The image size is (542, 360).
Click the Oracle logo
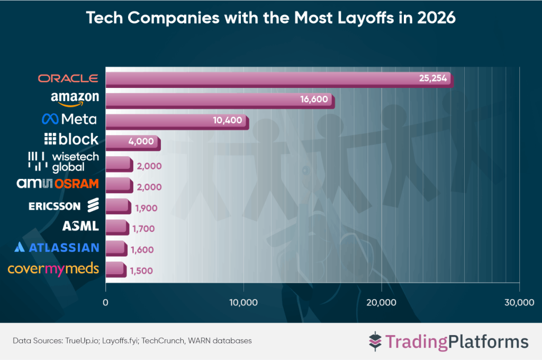68,78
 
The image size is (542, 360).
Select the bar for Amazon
220,100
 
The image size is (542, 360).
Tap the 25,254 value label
433,79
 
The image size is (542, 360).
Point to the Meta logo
71,119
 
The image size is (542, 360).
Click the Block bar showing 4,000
132,142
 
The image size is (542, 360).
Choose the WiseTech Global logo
63,162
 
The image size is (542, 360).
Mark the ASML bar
116,227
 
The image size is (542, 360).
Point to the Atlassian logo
57,247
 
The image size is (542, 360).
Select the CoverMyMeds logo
53,268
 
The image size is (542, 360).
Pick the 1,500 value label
141,271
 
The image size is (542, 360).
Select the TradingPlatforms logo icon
375,341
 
